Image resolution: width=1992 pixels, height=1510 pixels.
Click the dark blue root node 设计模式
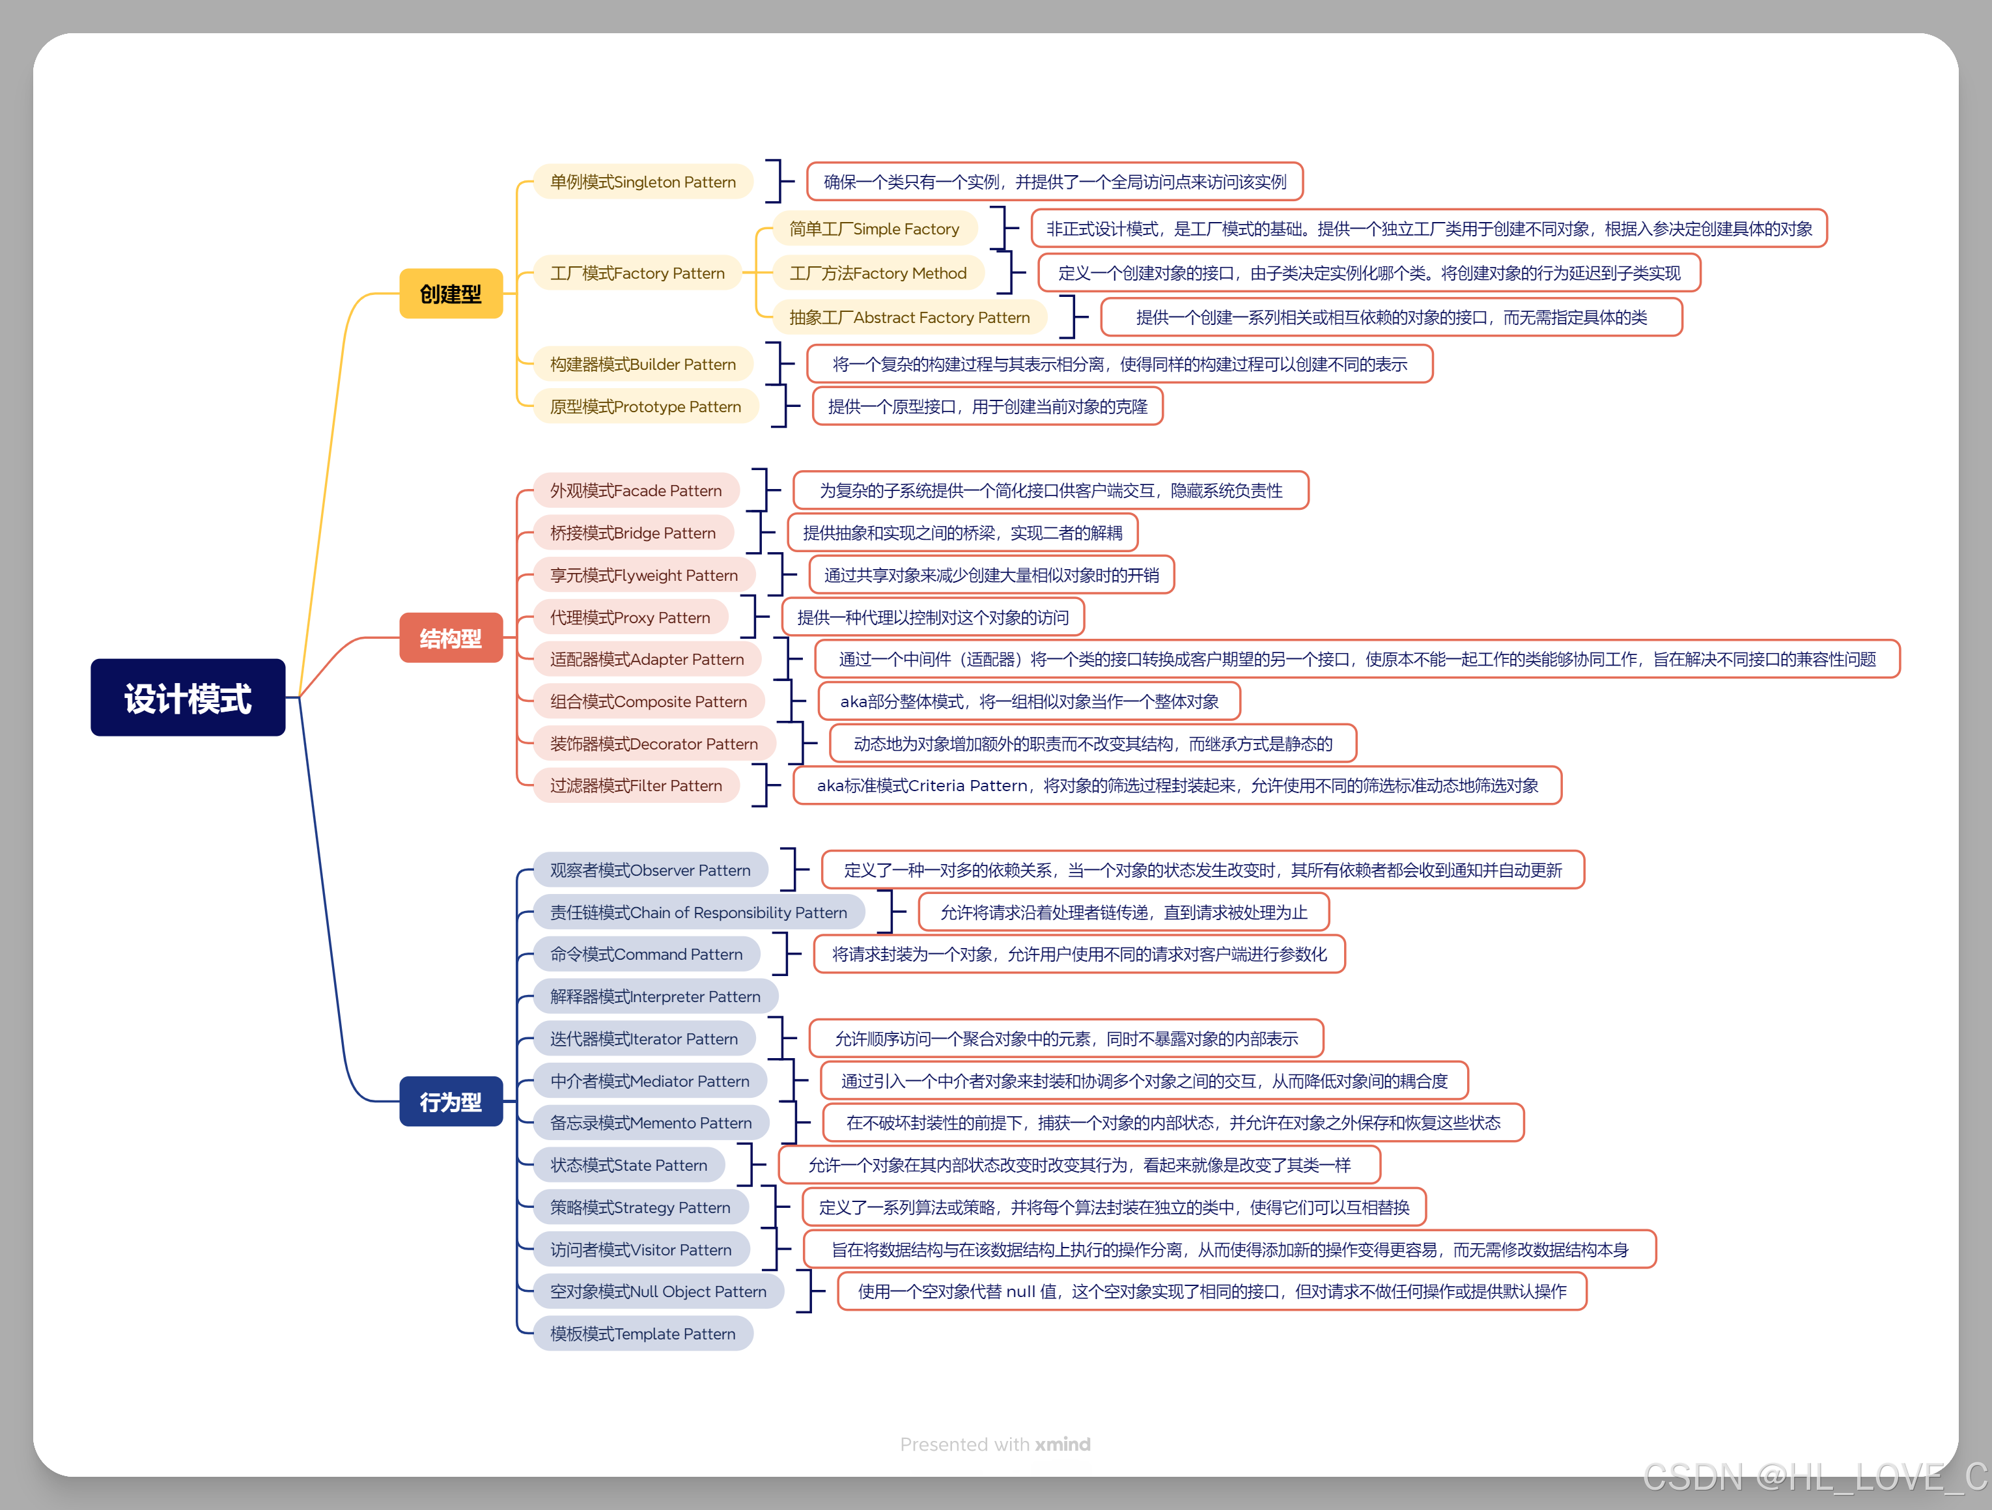click(x=188, y=698)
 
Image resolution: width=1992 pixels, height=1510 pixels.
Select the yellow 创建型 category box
click(x=450, y=294)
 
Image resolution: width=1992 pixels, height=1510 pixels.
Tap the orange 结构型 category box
click(x=450, y=637)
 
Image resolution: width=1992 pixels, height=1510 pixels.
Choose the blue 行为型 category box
click(x=450, y=1101)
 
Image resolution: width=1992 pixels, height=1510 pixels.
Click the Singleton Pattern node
click(x=643, y=182)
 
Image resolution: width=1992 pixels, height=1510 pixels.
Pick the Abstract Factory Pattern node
click(x=910, y=317)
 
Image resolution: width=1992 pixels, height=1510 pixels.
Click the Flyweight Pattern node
click(x=644, y=574)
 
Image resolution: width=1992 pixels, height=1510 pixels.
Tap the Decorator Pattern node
click(x=654, y=744)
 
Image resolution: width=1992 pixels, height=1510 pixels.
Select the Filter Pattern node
click(x=636, y=785)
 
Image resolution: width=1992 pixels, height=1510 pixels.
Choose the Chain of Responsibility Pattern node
click(x=699, y=912)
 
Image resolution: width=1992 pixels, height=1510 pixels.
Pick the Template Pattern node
click(x=643, y=1334)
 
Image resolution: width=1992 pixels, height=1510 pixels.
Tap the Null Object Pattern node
click(x=658, y=1291)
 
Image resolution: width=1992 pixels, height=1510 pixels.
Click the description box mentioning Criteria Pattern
click(x=1177, y=785)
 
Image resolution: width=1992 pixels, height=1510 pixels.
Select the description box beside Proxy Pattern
click(x=933, y=617)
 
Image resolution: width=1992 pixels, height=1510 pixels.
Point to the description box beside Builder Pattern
click(x=1119, y=364)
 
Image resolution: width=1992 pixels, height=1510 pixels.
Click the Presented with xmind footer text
click(x=995, y=1444)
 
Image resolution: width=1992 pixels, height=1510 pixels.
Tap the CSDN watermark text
click(x=1815, y=1477)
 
